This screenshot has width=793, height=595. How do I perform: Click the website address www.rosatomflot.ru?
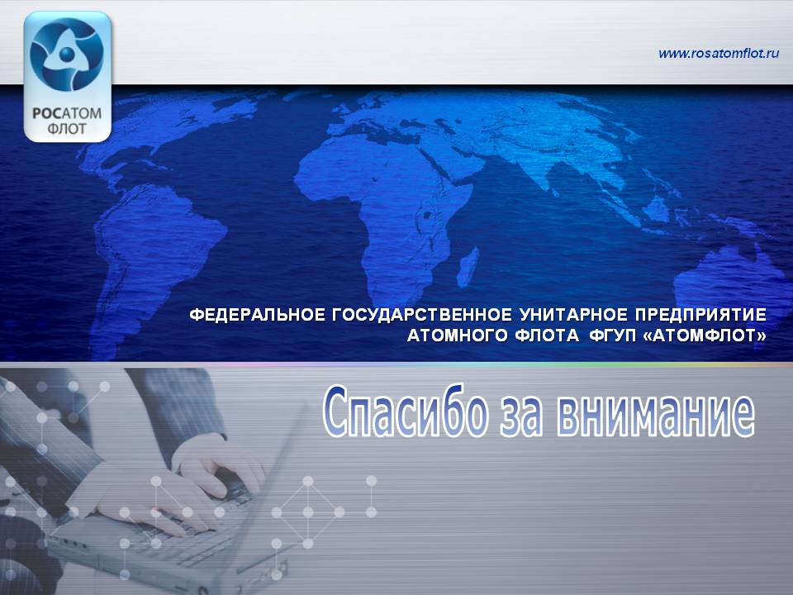coord(718,53)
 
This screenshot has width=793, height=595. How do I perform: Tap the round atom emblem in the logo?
coord(67,55)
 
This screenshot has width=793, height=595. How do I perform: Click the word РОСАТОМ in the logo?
coord(67,113)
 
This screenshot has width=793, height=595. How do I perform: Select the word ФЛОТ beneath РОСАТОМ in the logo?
coord(67,129)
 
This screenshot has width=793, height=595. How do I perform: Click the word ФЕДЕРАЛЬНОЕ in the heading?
coord(258,315)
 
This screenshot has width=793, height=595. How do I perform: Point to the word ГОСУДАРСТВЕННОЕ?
coord(422,315)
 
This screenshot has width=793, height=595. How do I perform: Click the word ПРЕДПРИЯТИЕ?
coord(701,315)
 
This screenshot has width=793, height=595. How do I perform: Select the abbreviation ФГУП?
coord(612,336)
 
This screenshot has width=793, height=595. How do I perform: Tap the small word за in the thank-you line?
coord(522,417)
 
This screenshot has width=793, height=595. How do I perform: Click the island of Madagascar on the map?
coord(468,267)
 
